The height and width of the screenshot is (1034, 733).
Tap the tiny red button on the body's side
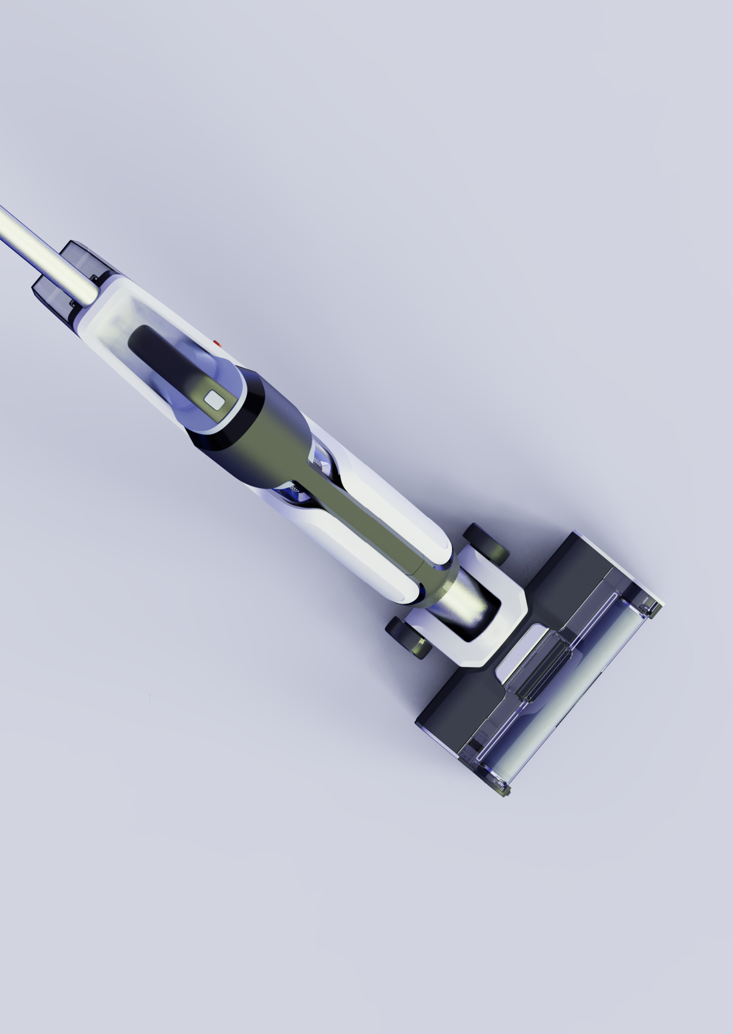pyautogui.click(x=216, y=343)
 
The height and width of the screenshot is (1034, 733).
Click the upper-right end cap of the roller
pyautogui.click(x=650, y=607)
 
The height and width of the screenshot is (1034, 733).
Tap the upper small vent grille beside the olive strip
pyautogui.click(x=321, y=460)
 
